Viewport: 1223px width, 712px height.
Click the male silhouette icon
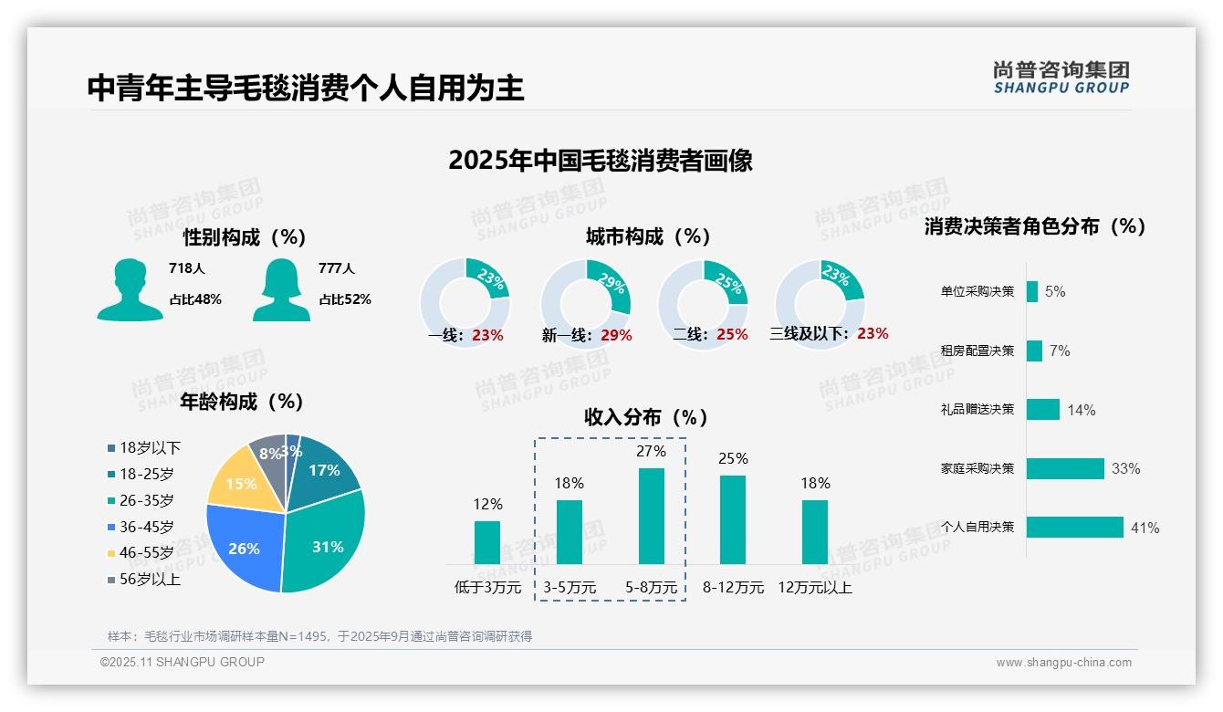click(x=130, y=289)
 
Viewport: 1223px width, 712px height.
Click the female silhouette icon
click(x=281, y=289)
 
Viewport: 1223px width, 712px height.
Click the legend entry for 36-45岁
click(x=145, y=527)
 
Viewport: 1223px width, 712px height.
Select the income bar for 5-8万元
click(x=651, y=516)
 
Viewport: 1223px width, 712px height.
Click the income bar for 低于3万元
click(x=487, y=542)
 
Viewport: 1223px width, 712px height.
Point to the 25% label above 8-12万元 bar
click(x=732, y=458)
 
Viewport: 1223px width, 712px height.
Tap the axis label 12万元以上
click(x=814, y=588)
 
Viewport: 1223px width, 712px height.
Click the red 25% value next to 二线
click(x=732, y=335)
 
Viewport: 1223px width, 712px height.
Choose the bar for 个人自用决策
click(x=1074, y=527)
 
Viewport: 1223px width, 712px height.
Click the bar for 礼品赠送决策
click(x=1042, y=409)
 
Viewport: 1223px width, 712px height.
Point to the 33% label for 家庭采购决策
click(x=1125, y=468)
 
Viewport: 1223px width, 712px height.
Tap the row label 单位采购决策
click(x=977, y=291)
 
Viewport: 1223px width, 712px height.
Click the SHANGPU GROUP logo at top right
click(x=1061, y=78)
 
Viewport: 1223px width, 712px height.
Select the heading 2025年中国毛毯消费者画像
click(x=601, y=161)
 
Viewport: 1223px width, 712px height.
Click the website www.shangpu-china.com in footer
click(x=1063, y=663)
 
